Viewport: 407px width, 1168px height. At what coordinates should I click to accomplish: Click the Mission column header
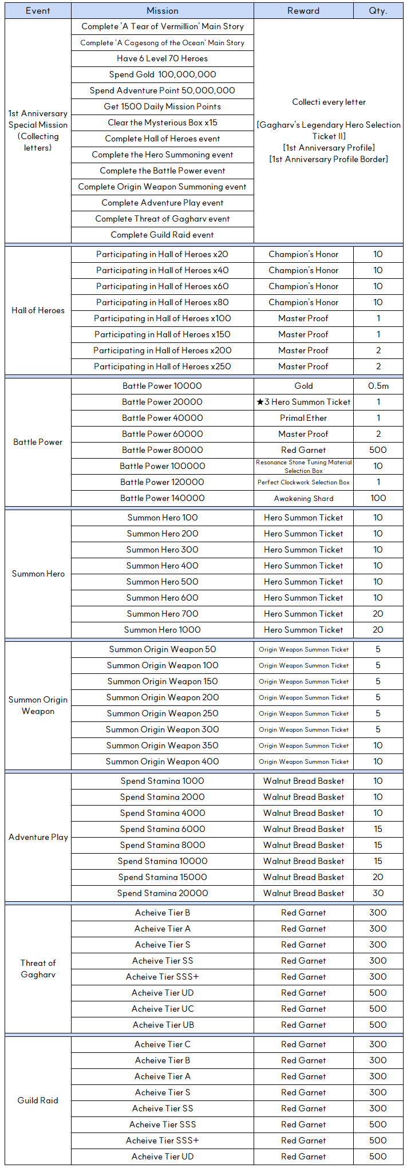[163, 11]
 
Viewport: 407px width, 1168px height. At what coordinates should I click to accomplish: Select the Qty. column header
[378, 11]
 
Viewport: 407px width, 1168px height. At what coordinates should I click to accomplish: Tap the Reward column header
[303, 11]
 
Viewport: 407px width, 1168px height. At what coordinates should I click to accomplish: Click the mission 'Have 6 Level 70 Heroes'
[163, 58]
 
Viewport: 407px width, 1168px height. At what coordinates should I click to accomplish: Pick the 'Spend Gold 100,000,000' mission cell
[163, 74]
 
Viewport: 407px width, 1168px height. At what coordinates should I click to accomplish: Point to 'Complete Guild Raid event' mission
[163, 235]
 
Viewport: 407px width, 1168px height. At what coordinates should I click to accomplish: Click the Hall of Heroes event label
[38, 310]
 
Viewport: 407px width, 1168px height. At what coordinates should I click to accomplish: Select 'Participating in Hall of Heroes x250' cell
[163, 366]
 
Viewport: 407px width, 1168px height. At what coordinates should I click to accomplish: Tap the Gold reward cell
[303, 386]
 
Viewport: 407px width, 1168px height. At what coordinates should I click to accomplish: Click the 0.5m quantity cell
[378, 386]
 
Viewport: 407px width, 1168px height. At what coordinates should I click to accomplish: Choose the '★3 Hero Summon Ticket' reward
[303, 402]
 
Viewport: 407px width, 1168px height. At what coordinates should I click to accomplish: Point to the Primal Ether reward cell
[303, 418]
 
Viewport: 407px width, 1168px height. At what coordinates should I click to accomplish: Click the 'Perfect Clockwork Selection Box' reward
[303, 482]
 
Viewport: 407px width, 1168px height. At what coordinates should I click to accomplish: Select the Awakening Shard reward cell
[303, 498]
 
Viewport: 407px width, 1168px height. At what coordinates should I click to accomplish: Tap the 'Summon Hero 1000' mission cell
[163, 630]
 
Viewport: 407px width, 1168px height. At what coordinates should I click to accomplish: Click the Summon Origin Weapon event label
[38, 705]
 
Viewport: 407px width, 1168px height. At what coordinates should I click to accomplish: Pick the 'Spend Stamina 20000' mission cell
[163, 893]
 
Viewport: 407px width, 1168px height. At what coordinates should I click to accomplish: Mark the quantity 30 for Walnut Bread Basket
[378, 893]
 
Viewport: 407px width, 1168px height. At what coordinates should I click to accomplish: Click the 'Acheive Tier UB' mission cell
[163, 1025]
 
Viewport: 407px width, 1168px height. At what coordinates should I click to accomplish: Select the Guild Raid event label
[38, 1100]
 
